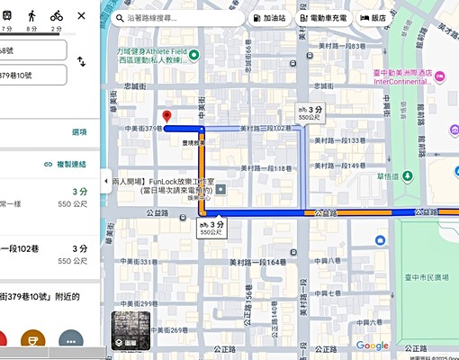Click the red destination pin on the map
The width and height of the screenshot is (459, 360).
point(166,116)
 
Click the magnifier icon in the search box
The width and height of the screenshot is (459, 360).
point(120,17)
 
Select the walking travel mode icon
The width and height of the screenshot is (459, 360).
point(32,15)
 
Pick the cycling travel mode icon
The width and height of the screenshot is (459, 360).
point(56,15)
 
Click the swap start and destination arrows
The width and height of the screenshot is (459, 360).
point(81,62)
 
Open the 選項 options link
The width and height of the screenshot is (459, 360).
point(79,131)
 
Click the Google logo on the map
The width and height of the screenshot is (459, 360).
point(372,346)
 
